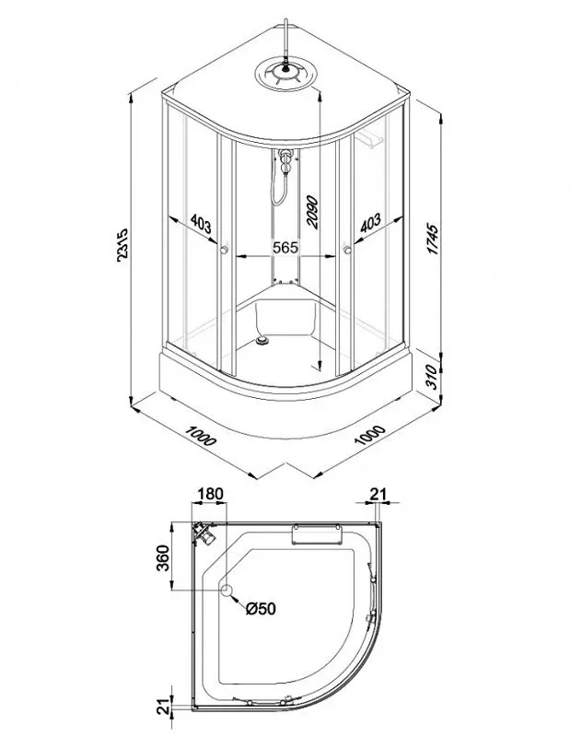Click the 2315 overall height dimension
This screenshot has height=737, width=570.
[122, 245]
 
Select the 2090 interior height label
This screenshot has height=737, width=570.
[311, 213]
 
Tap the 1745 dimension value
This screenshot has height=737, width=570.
[433, 240]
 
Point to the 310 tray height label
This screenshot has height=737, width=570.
[432, 377]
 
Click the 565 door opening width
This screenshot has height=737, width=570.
[285, 247]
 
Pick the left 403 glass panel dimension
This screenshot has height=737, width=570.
[201, 223]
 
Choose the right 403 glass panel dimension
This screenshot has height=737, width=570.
[370, 223]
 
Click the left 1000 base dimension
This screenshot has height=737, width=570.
[201, 436]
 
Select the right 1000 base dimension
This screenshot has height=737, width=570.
[370, 436]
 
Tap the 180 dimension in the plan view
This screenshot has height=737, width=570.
[210, 494]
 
